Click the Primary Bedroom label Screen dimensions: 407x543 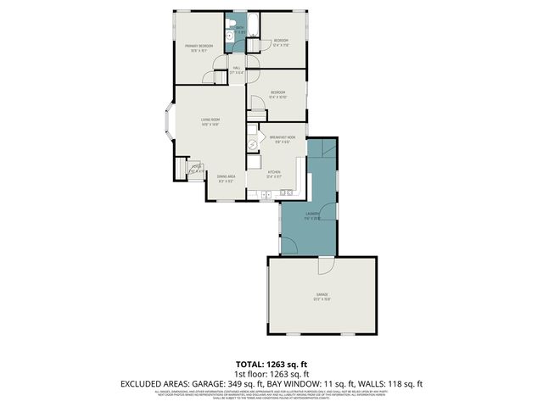199,46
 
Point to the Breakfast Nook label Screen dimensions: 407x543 282,137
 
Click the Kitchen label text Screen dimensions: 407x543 274,173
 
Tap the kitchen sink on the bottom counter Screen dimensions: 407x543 266,195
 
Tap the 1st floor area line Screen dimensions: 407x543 271,374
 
